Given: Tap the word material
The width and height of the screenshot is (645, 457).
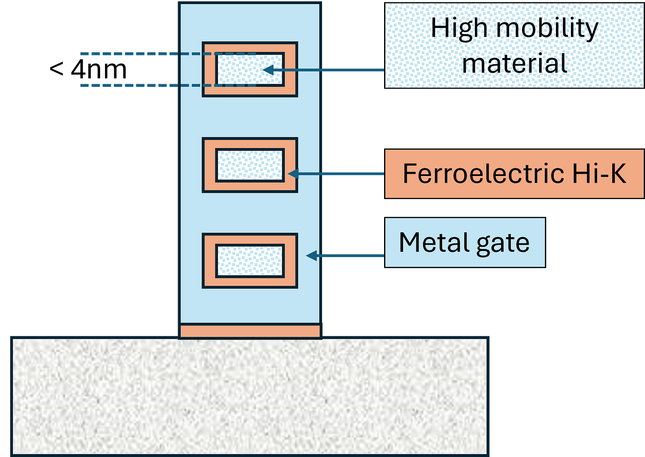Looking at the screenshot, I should (514, 63).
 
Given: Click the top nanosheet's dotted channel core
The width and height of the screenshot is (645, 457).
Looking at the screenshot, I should (239, 70).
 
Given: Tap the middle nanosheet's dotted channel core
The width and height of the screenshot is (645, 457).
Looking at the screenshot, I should (250, 165).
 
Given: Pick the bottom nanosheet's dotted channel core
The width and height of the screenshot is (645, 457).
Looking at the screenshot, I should (250, 261).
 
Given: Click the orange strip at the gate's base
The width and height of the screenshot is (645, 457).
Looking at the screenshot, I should (250, 331).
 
